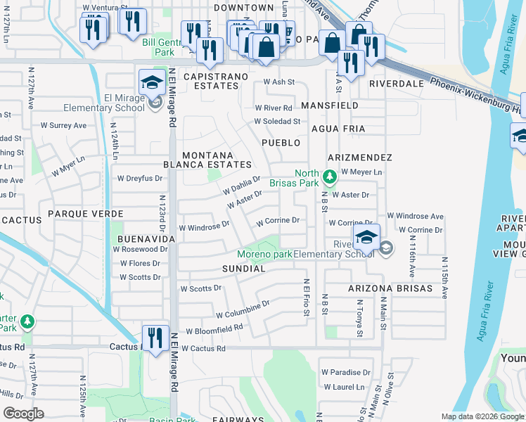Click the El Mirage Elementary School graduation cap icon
click(152, 82)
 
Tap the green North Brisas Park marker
click(328, 174)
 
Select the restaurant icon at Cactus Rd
click(153, 337)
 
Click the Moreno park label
click(264, 254)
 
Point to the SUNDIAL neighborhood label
click(243, 269)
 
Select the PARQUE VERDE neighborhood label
click(86, 213)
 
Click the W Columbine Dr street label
click(243, 309)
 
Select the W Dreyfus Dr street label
click(140, 179)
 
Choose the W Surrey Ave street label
click(63, 126)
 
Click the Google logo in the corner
click(23, 414)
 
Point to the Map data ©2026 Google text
click(482, 416)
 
